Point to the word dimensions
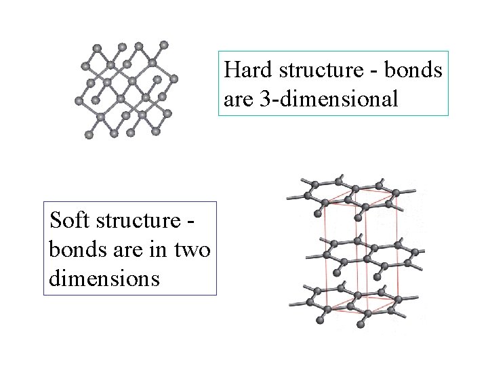[104, 277]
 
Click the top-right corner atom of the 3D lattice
[164, 45]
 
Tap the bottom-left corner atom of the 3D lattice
[89, 135]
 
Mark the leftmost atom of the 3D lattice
[77, 102]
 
